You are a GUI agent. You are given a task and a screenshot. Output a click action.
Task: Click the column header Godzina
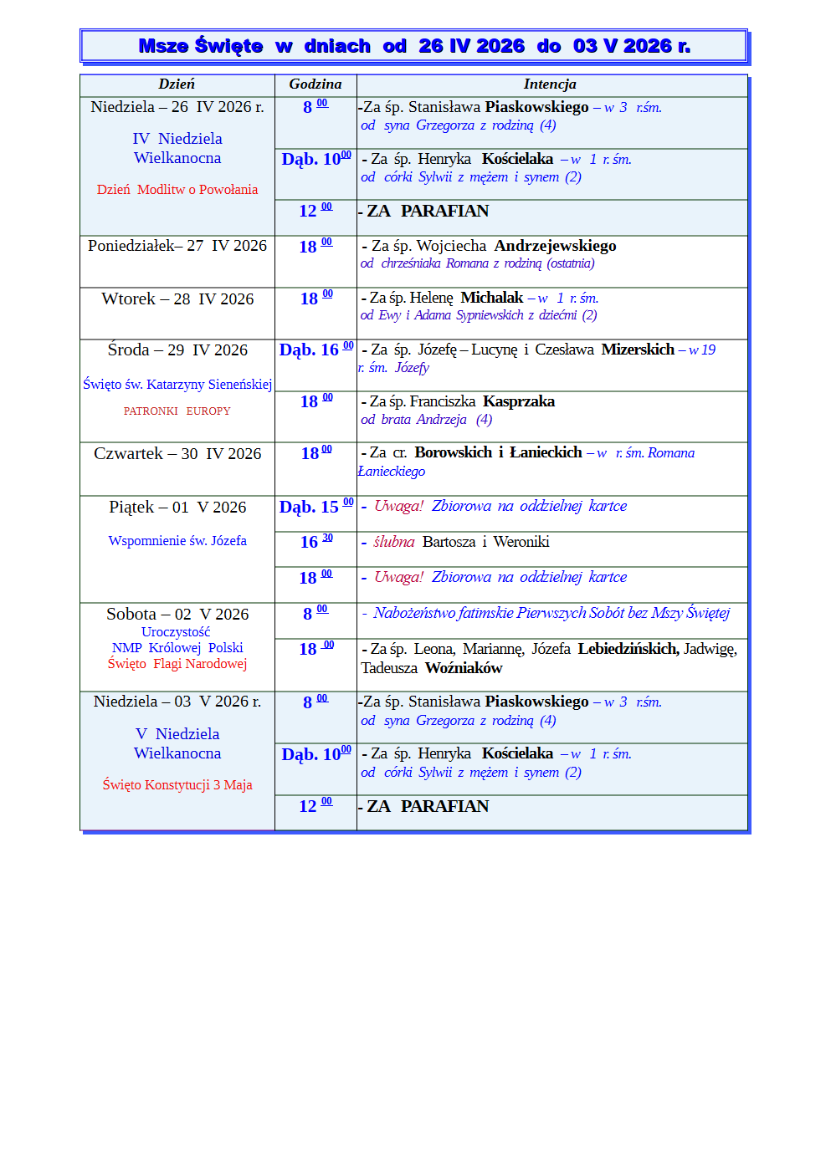pos(315,84)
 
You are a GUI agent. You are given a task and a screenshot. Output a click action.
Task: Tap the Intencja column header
pos(549,84)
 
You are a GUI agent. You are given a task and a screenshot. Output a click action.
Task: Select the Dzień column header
pos(177,84)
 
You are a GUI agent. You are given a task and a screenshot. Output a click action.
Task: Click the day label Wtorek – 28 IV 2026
pos(177,299)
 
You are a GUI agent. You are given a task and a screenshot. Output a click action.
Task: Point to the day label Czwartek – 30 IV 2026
pos(177,454)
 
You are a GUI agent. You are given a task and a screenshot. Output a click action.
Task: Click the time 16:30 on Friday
pos(315,542)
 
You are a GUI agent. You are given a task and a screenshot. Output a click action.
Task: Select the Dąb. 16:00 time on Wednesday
pos(315,350)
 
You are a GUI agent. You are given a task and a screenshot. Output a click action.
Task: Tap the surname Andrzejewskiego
pos(555,246)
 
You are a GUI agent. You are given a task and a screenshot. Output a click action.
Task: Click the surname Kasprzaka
pos(519,401)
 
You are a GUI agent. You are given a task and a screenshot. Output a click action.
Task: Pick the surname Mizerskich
pos(638,350)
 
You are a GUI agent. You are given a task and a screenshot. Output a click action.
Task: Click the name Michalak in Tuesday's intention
pos(491,298)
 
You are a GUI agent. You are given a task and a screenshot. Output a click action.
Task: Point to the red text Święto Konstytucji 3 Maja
pos(177,785)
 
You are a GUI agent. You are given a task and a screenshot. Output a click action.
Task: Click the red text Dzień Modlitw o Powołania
pos(177,190)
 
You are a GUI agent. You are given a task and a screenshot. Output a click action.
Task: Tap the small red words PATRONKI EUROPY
pos(177,411)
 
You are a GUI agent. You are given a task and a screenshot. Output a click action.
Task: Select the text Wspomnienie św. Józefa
pos(177,541)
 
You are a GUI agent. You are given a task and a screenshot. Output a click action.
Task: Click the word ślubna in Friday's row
pos(393,542)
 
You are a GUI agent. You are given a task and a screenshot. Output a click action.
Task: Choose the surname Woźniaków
pos(464,668)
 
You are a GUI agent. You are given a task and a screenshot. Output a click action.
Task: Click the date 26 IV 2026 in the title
pos(471,46)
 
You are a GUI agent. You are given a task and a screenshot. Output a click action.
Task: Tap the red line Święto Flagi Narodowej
pos(177,664)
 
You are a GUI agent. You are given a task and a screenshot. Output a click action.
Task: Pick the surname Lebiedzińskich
pos(628,649)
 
